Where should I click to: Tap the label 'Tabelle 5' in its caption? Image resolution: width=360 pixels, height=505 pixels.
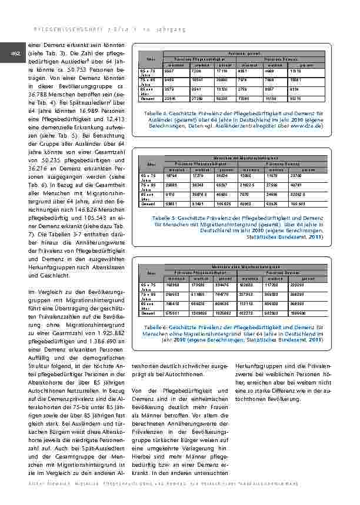163,217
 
